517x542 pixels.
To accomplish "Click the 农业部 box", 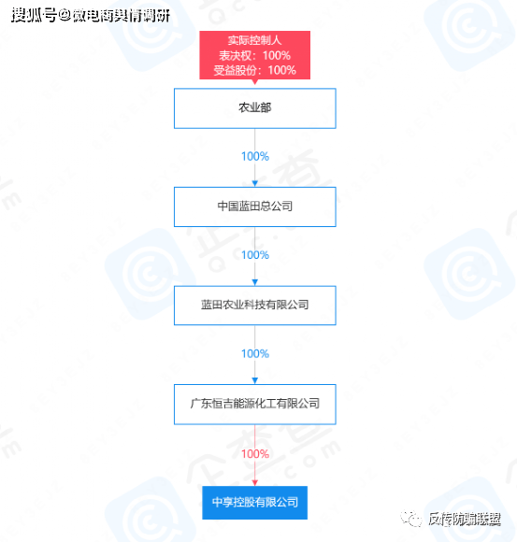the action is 255,108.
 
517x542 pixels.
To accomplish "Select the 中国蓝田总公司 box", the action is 255,207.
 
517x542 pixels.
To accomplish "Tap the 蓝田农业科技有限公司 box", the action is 255,306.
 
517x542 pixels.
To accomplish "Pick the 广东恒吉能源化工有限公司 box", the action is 255,404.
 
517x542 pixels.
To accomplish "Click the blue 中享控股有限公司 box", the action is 255,502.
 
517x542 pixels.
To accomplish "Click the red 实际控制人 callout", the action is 255,55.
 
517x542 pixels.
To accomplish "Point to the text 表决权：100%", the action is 255,55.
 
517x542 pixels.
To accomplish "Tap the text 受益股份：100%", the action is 255,70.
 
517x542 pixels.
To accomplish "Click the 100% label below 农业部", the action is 255,156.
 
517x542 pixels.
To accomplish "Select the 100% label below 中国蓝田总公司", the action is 255,255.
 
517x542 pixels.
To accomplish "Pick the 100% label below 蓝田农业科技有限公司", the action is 255,353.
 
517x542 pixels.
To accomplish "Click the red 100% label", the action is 255,453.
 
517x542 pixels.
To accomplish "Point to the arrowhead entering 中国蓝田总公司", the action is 255,183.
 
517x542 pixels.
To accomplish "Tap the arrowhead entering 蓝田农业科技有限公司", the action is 255,282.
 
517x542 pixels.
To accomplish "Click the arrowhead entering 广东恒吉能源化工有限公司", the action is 255,380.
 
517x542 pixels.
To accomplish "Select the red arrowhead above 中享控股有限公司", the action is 255,482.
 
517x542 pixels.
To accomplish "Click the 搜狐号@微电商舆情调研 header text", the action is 91,16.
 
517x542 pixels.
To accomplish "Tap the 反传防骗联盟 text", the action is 465,519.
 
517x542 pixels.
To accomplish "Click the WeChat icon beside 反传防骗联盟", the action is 411,519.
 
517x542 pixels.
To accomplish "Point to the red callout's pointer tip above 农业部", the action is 255,84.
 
